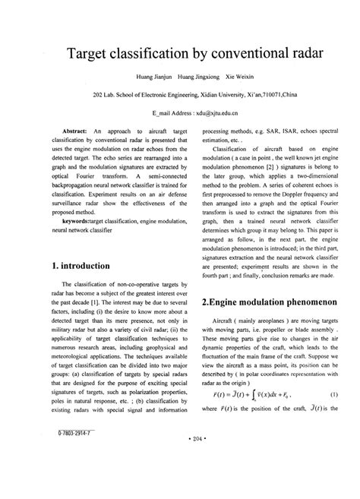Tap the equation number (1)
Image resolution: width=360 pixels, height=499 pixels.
pyautogui.click(x=333, y=415)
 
